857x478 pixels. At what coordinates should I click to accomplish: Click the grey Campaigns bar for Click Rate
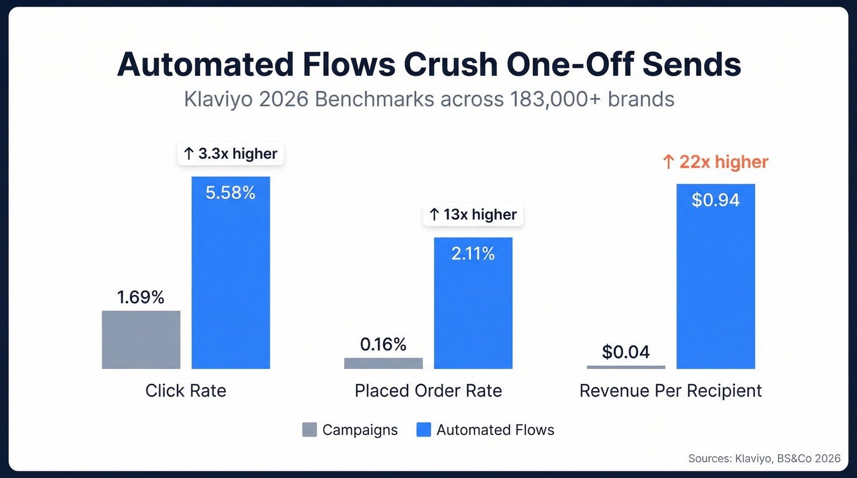pyautogui.click(x=141, y=340)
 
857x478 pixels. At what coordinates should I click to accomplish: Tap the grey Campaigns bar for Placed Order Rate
pyautogui.click(x=383, y=363)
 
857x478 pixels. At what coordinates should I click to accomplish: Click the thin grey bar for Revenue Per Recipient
pyautogui.click(x=626, y=367)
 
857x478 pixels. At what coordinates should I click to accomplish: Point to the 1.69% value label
pyautogui.click(x=141, y=297)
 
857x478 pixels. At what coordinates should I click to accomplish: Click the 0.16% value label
pyautogui.click(x=383, y=345)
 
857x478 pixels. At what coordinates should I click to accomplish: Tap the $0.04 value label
pyautogui.click(x=626, y=352)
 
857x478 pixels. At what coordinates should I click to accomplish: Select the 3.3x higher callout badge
pyautogui.click(x=231, y=154)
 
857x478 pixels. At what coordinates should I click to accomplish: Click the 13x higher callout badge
pyautogui.click(x=473, y=214)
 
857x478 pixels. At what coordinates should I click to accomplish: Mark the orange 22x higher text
pyautogui.click(x=715, y=162)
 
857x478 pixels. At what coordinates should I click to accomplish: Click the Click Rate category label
pyautogui.click(x=185, y=390)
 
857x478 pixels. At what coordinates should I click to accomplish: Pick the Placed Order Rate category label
pyautogui.click(x=428, y=390)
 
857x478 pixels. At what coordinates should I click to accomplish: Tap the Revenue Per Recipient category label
pyautogui.click(x=670, y=390)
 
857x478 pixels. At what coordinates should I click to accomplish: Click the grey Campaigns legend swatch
pyautogui.click(x=310, y=430)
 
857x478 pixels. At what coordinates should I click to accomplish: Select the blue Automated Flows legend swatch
pyautogui.click(x=424, y=430)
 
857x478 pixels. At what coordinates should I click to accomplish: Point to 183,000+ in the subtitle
pyautogui.click(x=555, y=99)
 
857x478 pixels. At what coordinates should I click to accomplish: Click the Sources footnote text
pyautogui.click(x=764, y=458)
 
